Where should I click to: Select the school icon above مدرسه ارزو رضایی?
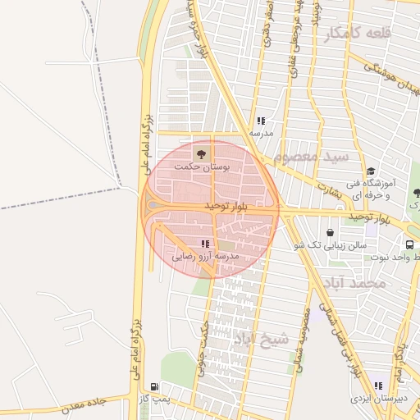point(205,244)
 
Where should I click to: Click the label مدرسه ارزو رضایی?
point(205,257)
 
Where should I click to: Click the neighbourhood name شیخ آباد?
point(262,339)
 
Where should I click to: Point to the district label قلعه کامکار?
point(358,34)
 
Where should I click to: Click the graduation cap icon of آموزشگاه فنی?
point(371,171)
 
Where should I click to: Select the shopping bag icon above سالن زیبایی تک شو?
point(330,232)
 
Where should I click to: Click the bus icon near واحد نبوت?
point(409,244)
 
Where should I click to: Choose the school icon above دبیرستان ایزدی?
point(378,386)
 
